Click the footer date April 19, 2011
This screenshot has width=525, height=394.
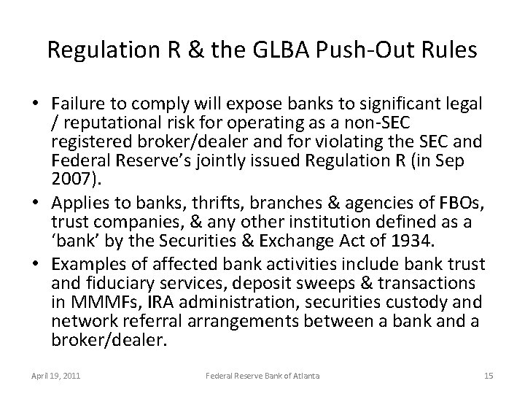56,376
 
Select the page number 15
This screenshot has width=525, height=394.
489,376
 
